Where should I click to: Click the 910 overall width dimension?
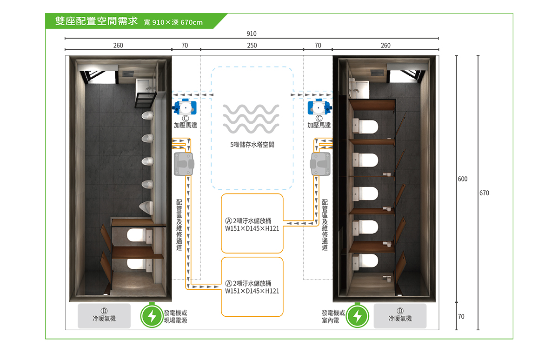[252, 33]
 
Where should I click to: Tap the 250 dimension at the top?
[252, 45]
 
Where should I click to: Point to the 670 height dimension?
[484, 193]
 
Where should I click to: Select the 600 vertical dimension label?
[463, 179]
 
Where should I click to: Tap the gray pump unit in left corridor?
[184, 164]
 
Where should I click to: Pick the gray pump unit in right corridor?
[320, 164]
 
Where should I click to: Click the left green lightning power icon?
[152, 316]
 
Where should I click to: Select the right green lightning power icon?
[357, 316]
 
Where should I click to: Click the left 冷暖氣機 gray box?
[104, 316]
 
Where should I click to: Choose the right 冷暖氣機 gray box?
[400, 316]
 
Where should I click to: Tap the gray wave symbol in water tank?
[251, 119]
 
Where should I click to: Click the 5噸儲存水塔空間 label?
[252, 145]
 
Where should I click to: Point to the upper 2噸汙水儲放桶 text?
[252, 221]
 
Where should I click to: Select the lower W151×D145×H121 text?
[252, 291]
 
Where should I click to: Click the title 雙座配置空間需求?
[96, 21]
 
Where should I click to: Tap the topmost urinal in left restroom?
[147, 115]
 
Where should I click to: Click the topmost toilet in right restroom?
[365, 126]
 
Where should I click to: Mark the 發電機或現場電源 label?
[175, 316]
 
